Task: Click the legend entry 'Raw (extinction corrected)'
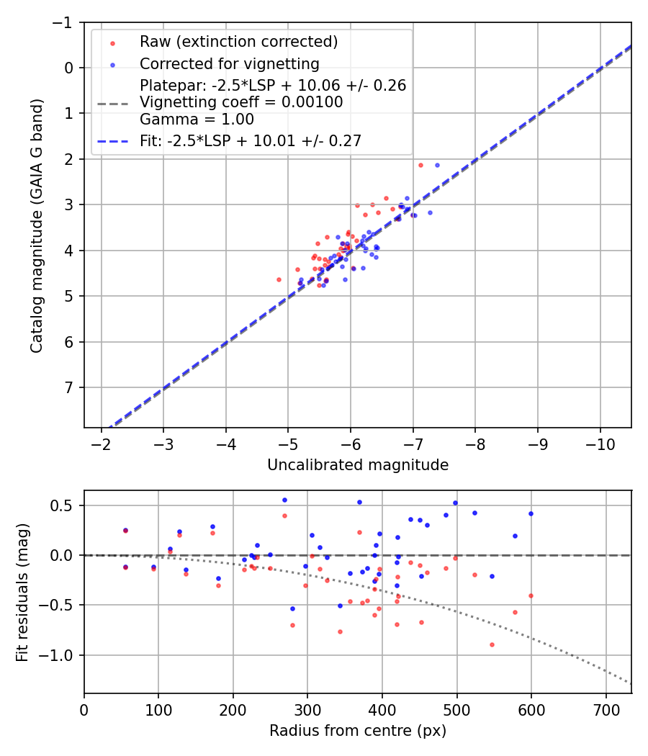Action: [238, 42]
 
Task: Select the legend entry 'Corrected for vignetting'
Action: [229, 63]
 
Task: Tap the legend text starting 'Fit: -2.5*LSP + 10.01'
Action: [250, 140]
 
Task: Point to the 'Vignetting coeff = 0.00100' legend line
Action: [241, 102]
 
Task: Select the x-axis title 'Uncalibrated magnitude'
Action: [358, 465]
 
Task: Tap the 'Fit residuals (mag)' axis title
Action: [22, 592]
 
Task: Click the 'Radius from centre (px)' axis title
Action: [358, 731]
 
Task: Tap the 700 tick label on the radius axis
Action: [606, 709]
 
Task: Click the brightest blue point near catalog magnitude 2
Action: [437, 165]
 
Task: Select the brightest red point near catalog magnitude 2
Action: [421, 165]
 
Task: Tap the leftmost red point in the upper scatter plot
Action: [279, 279]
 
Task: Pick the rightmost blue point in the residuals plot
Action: [531, 513]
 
